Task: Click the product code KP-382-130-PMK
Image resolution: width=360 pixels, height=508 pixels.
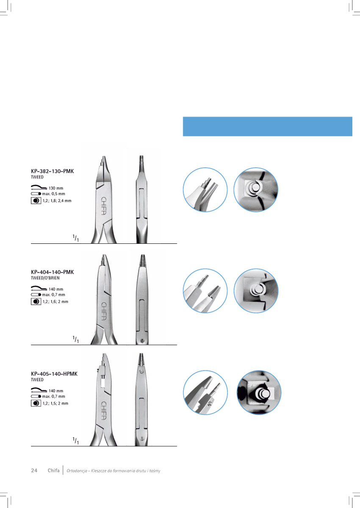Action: [x=53, y=171]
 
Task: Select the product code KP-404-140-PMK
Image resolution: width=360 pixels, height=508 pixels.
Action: [x=53, y=272]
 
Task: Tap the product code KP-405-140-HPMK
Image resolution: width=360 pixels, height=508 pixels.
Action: [x=54, y=374]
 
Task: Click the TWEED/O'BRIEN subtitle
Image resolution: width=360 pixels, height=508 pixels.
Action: [x=45, y=278]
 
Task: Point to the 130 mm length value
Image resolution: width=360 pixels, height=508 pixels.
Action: [x=56, y=188]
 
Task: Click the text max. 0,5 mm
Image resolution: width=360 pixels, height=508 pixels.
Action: [x=53, y=194]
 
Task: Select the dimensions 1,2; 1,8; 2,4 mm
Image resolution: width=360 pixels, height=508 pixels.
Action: [x=57, y=201]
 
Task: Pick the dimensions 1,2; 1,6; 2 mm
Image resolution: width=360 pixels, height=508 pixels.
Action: [x=55, y=301]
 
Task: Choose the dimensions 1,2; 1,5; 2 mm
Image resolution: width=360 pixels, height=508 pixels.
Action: [x=55, y=403]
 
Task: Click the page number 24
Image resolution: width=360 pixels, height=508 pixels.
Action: [x=34, y=470]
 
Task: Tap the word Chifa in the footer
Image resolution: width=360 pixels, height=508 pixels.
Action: [x=53, y=470]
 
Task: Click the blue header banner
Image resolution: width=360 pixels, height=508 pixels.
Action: [x=267, y=127]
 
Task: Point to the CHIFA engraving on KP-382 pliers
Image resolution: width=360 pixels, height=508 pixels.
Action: [x=104, y=206]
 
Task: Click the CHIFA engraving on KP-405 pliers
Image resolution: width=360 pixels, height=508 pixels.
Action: [x=104, y=411]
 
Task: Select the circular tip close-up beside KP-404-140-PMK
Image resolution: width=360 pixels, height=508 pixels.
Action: [x=205, y=291]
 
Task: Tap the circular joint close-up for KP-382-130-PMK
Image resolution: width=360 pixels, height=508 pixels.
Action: [x=256, y=190]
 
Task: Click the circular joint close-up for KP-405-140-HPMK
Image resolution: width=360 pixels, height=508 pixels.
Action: [x=259, y=392]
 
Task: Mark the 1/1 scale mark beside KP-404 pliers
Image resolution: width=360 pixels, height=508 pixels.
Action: [x=76, y=340]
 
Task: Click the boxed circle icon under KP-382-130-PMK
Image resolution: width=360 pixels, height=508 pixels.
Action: [x=36, y=201]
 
